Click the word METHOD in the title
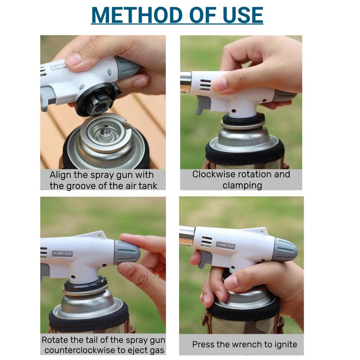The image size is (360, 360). point(137,15)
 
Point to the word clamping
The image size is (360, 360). point(242,186)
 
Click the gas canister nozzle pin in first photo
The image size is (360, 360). point(106,129)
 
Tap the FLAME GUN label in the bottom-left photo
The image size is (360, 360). point(62,254)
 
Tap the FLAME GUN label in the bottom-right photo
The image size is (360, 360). point(226,245)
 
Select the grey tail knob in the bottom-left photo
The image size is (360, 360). point(127,252)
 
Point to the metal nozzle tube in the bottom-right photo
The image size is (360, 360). point(187,235)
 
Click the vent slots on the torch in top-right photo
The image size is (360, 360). point(205,85)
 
